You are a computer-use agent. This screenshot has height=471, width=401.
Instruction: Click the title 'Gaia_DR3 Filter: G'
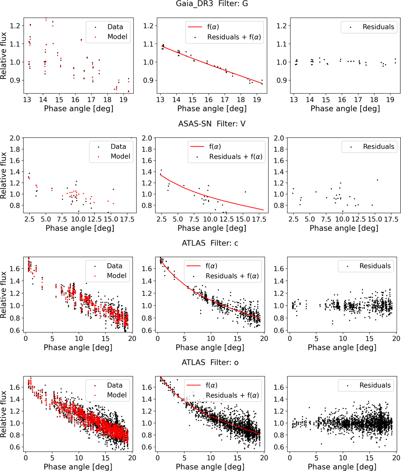[212, 4]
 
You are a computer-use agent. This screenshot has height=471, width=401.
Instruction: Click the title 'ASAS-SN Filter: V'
[212, 124]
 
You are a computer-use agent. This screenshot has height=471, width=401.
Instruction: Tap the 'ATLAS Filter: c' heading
[210, 243]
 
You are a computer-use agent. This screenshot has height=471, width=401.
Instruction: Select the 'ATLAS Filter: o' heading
[210, 363]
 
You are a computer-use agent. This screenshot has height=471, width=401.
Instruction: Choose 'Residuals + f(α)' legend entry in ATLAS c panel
[232, 276]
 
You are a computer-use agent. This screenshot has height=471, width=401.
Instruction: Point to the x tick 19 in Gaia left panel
[123, 100]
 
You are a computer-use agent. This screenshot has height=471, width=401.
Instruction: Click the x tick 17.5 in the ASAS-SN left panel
[127, 219]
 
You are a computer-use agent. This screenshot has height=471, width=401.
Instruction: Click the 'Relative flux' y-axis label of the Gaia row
[4, 56]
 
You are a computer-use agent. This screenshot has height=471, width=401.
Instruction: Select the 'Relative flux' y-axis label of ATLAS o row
[4, 414]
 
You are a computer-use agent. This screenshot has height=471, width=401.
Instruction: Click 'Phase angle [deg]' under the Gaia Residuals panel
[345, 109]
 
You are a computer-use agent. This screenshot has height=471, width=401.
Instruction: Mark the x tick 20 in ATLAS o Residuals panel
[396, 458]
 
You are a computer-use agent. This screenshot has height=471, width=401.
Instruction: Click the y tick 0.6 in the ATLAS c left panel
[15, 331]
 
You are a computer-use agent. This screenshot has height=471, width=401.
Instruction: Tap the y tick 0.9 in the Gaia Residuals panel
[282, 80]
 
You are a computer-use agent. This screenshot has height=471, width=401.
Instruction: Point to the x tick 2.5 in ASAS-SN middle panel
[161, 219]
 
